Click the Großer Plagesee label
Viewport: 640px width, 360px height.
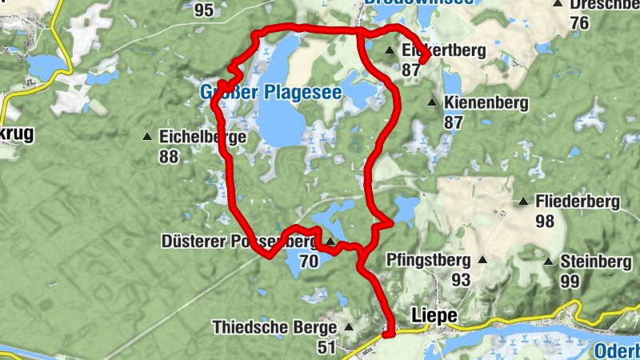pyautogui.click(x=270, y=94)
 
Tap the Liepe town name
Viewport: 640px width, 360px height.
pyautogui.click(x=434, y=316)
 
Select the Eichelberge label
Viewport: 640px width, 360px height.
pyautogui.click(x=202, y=137)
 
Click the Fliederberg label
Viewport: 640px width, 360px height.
pyautogui.click(x=577, y=202)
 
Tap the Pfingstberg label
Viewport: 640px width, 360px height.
pyautogui.click(x=428, y=260)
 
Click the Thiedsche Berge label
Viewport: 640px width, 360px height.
pyautogui.click(x=274, y=327)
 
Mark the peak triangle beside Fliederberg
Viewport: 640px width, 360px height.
pyautogui.click(x=524, y=202)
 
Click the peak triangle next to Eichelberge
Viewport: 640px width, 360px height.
pyautogui.click(x=147, y=137)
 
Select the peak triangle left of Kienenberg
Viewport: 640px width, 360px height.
pyautogui.click(x=432, y=102)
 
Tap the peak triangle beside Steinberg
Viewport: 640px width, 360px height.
pyautogui.click(x=549, y=262)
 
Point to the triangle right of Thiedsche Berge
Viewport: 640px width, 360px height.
pyautogui.click(x=348, y=327)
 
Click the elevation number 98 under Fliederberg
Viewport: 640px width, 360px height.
pyautogui.click(x=545, y=222)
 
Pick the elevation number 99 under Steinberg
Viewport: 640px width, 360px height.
pyautogui.click(x=570, y=281)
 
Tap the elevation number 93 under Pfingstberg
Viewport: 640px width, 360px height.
pyautogui.click(x=461, y=280)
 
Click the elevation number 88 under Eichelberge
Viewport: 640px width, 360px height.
pyautogui.click(x=168, y=157)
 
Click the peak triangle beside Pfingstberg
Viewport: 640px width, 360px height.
pyautogui.click(x=482, y=260)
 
